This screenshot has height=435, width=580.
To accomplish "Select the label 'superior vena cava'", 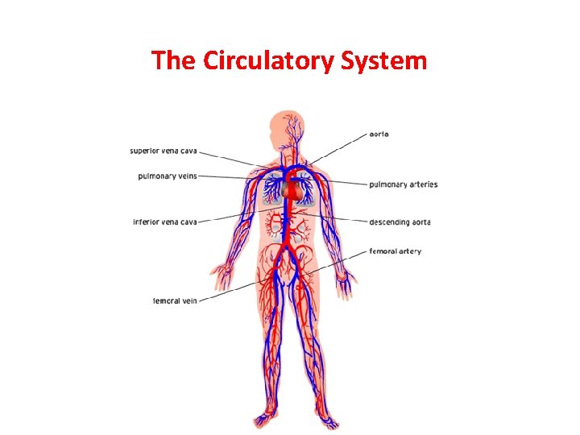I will tap(163, 151).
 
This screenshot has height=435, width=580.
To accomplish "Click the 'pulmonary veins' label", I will tap(167, 175).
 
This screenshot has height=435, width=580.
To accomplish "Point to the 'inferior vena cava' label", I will tap(165, 222).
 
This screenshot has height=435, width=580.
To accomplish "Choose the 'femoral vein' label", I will tap(175, 301).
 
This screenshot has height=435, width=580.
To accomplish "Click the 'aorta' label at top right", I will tap(379, 134).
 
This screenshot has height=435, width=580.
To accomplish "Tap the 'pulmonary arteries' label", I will tap(403, 184).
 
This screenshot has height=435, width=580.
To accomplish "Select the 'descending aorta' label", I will tap(400, 222).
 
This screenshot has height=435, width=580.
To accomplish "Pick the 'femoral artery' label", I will tap(395, 251).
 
